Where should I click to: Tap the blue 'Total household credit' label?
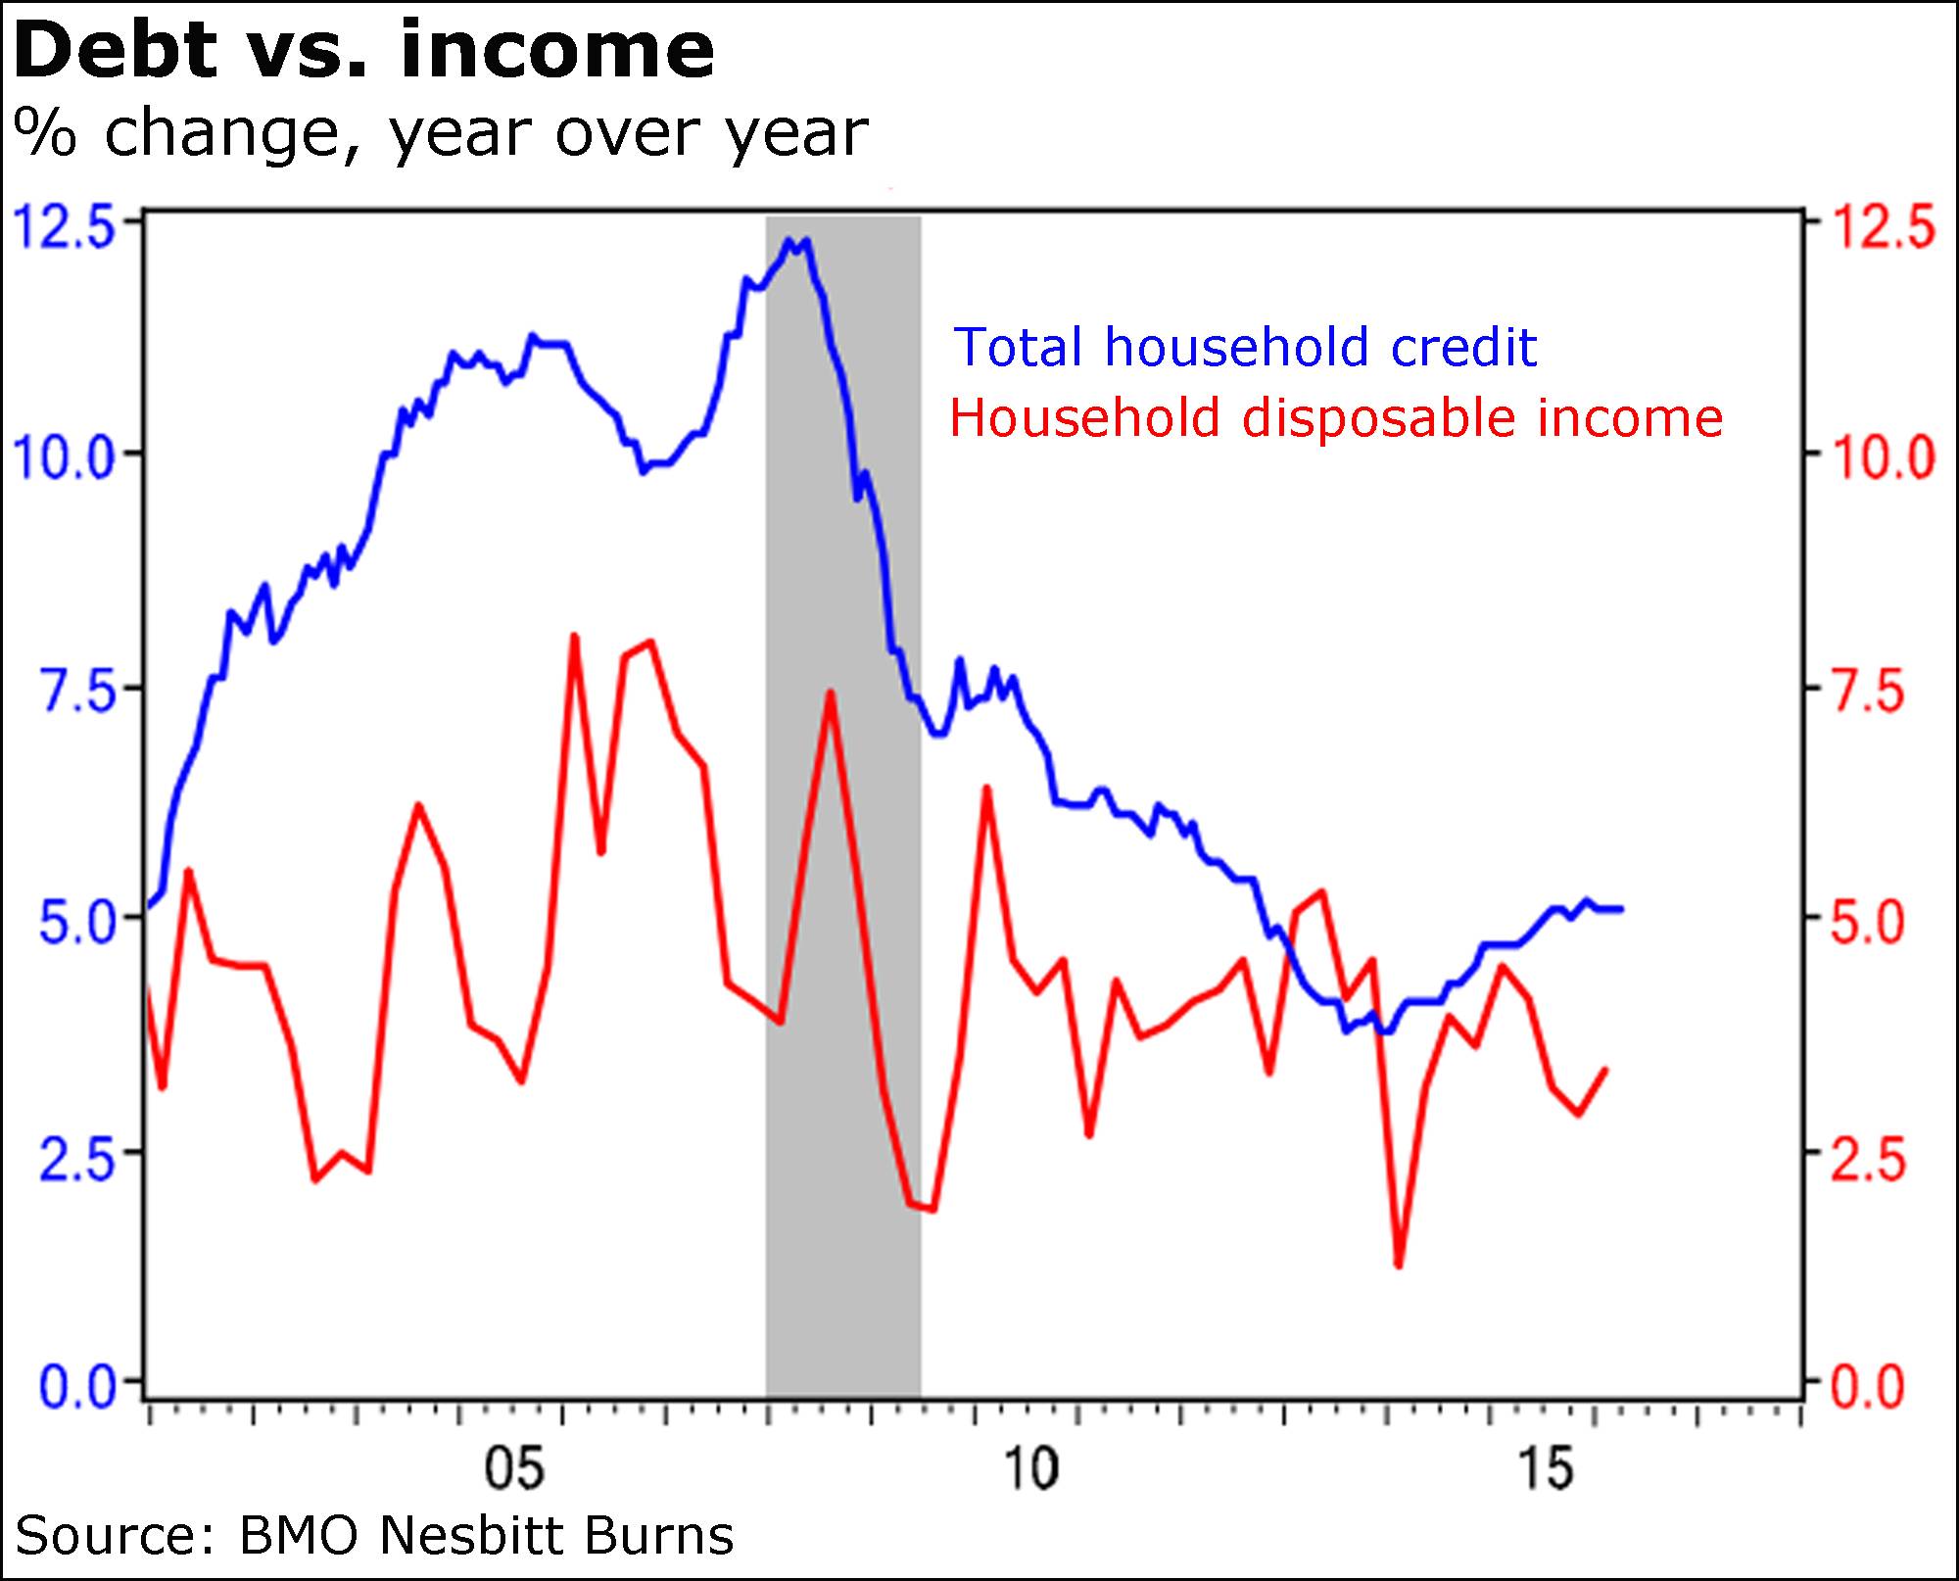pos(1245,347)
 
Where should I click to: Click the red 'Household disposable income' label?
pos(1336,418)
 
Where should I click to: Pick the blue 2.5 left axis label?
pos(74,1156)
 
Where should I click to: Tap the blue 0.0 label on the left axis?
pos(74,1387)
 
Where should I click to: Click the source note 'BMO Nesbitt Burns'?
pos(486,1535)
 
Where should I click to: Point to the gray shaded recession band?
pos(842,1078)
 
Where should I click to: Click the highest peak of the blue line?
pos(788,239)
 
